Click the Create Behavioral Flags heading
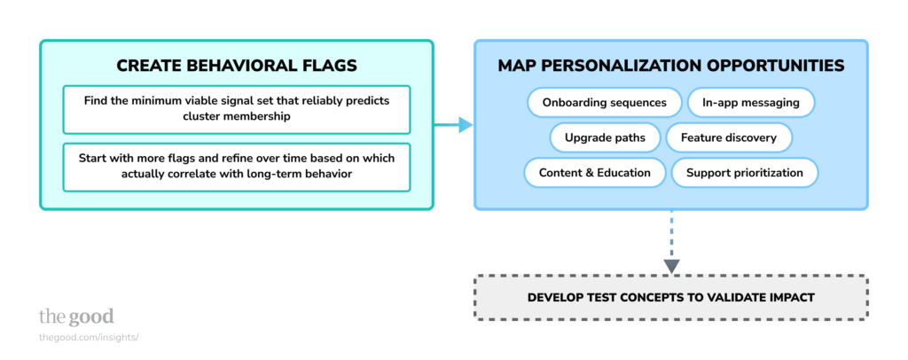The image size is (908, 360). tap(237, 67)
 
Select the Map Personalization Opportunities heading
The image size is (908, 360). tap(670, 67)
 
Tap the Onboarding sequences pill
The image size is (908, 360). tap(604, 103)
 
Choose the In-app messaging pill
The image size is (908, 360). tap(751, 103)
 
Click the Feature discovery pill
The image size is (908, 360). tap(729, 137)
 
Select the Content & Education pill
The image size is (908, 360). tap(595, 173)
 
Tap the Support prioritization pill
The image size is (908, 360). tap(745, 173)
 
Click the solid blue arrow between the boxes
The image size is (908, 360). tap(453, 126)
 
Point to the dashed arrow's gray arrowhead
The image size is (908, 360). tap(671, 265)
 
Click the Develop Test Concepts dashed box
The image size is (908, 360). tap(670, 297)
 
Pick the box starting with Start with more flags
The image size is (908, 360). tap(237, 166)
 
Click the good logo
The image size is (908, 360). tap(76, 317)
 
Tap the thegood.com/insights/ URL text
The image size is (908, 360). tap(89, 337)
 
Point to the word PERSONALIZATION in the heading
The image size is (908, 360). tap(658, 67)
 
